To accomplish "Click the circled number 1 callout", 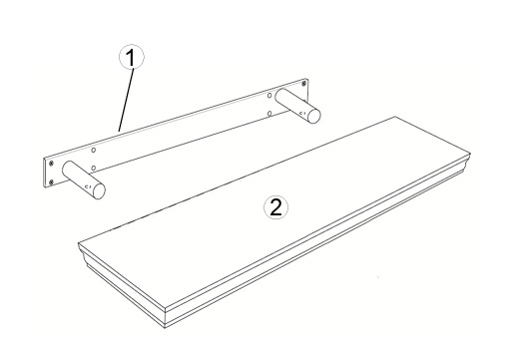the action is pos(132,57).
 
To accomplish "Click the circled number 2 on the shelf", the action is pos(275,207).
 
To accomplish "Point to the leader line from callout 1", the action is pos(127,100).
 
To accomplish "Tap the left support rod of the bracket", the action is pos(84,180).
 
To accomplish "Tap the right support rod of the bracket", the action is pos(298,106).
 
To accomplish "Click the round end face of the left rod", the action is pos(99,190).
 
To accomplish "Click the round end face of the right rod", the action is pos(314,116).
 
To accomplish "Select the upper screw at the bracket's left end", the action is pos(51,164).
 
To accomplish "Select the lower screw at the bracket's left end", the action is pos(51,181).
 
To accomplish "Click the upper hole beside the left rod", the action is pos(94,151).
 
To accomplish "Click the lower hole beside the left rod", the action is pos(94,168).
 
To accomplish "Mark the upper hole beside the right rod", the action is pos(269,96).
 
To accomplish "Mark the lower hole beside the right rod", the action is pos(269,114).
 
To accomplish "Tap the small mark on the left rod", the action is pos(88,187).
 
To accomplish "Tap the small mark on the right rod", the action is pos(302,114).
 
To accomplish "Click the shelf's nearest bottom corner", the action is pos(166,328).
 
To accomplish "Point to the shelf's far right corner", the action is pos(471,154).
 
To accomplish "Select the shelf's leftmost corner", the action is pos(79,243).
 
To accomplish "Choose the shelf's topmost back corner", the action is pos(395,117).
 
